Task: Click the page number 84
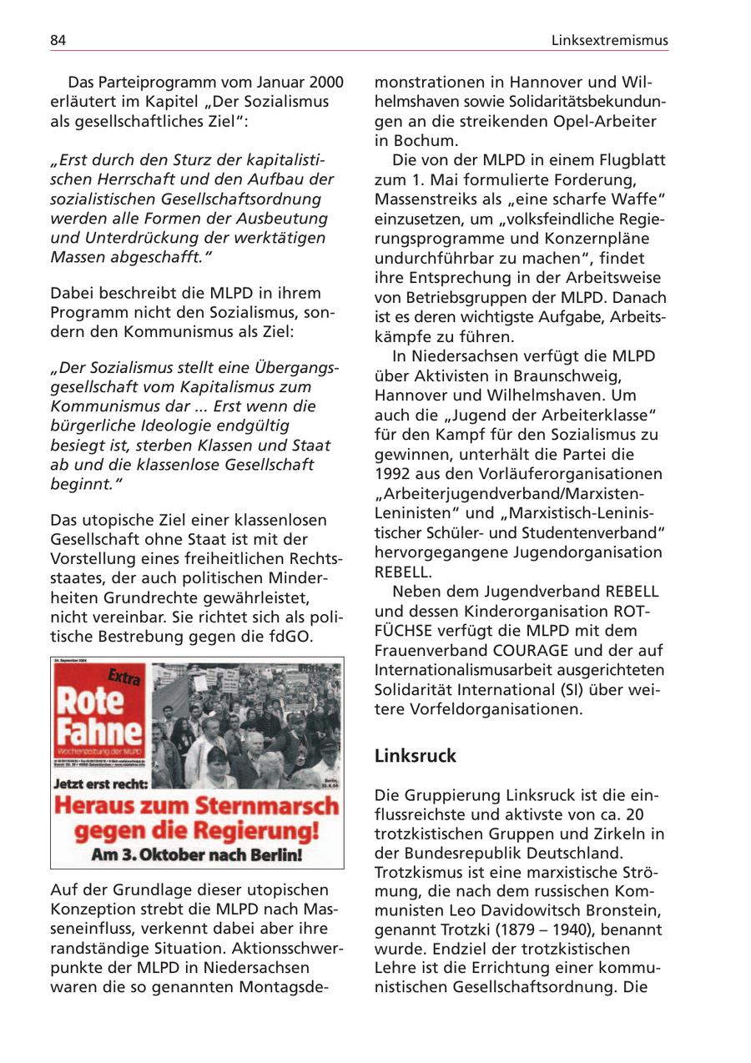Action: pyautogui.click(x=58, y=40)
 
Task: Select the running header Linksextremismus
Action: pyautogui.click(x=609, y=40)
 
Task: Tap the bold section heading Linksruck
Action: pyautogui.click(x=416, y=756)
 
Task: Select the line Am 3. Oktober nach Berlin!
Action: pyautogui.click(x=197, y=855)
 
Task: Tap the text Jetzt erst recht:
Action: pyautogui.click(x=101, y=783)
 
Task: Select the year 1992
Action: pyautogui.click(x=393, y=473)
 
